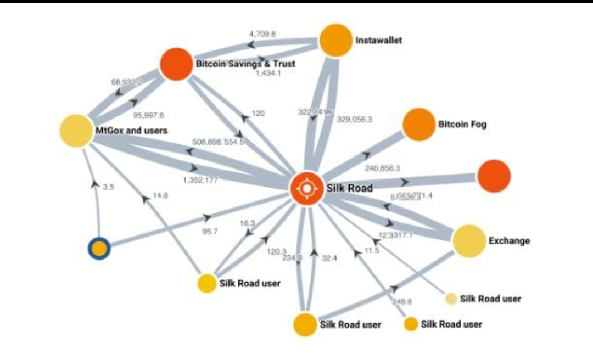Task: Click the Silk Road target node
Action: point(308,189)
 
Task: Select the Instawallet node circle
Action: point(335,40)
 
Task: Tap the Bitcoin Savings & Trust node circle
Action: point(176,64)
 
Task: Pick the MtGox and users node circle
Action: point(75,131)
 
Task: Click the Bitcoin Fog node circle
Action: point(418,125)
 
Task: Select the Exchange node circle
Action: point(469,241)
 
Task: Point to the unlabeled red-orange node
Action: point(494,176)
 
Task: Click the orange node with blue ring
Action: point(99,249)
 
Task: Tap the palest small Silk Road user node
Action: point(451,299)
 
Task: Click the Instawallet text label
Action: point(378,40)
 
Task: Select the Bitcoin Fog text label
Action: point(462,125)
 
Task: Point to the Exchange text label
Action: point(509,240)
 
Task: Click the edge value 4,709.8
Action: point(262,34)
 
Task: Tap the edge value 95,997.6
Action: point(149,115)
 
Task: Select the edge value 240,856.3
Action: point(382,168)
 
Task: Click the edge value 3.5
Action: point(108,187)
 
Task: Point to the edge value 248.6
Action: point(402,302)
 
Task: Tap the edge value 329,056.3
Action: point(354,119)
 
